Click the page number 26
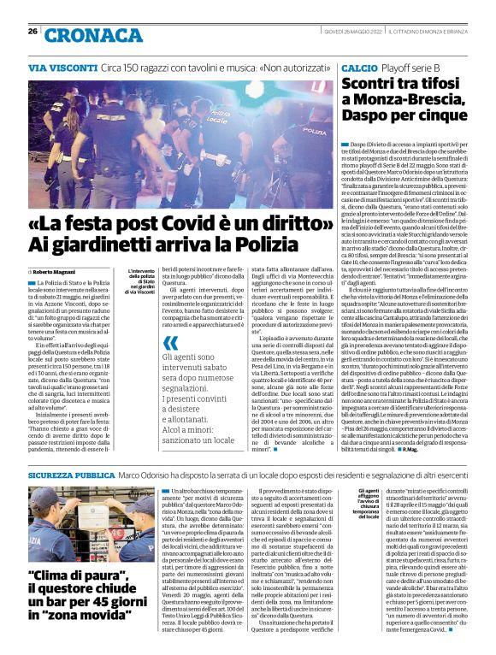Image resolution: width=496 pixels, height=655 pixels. (x=32, y=31)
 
